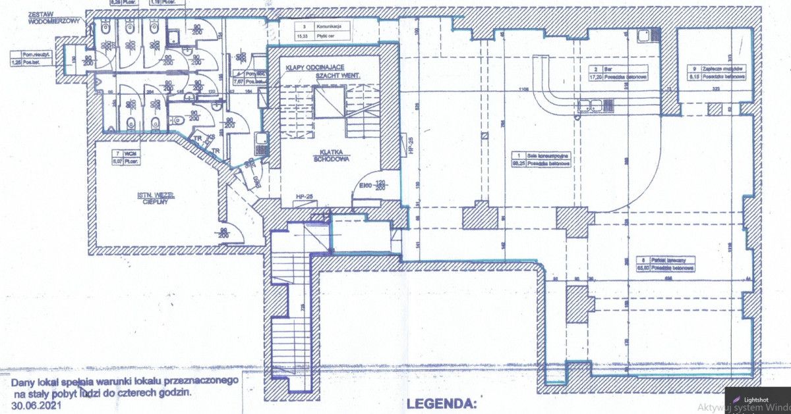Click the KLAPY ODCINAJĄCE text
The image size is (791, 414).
click(314, 68)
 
